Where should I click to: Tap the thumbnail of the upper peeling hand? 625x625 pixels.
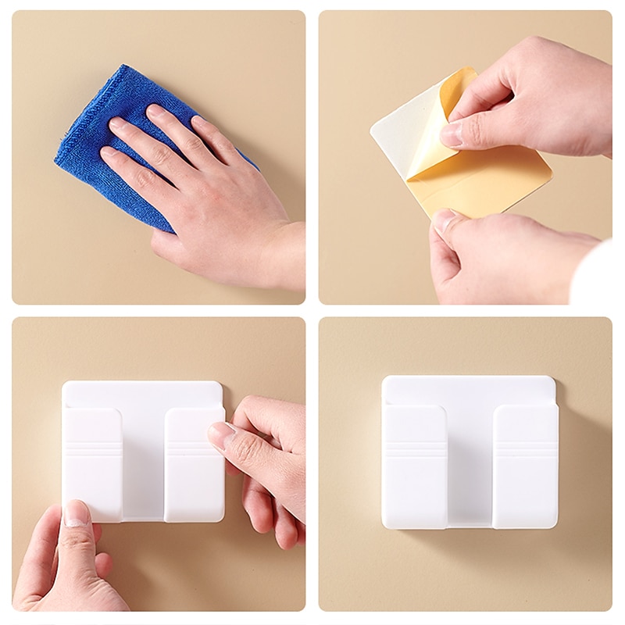(x=452, y=133)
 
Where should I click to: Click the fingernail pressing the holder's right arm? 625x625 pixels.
(x=220, y=435)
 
